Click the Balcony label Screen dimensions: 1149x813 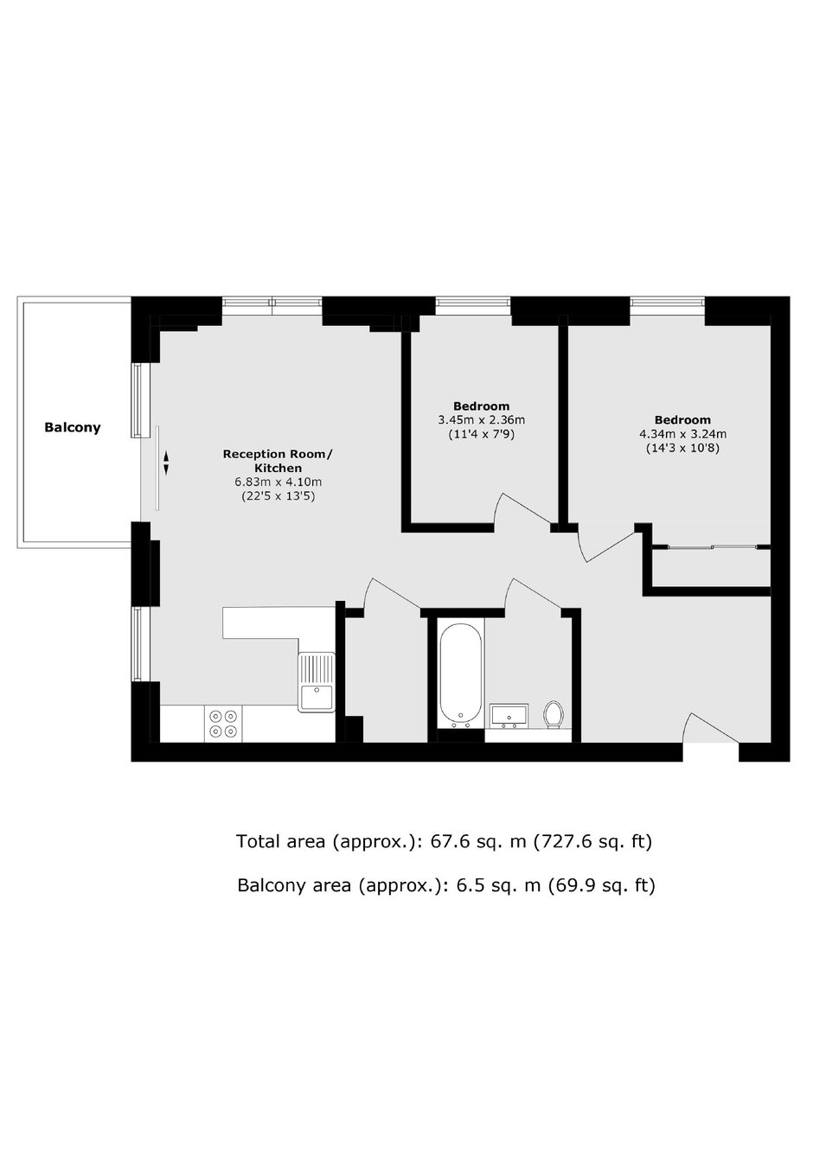[x=73, y=427]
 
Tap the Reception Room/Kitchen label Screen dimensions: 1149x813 [x=277, y=461]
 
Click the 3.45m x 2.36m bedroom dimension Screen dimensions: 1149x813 [x=482, y=420]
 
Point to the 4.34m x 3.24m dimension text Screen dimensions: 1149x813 [x=683, y=434]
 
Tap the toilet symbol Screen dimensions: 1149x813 [x=554, y=715]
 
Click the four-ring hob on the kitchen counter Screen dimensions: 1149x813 [x=224, y=724]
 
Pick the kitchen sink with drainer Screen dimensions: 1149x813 [x=317, y=682]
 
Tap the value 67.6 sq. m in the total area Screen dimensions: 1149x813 [x=477, y=841]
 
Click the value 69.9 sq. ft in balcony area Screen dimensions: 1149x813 [x=601, y=885]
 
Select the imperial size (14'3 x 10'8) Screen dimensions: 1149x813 [x=683, y=449]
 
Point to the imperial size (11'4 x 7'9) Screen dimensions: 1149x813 [x=482, y=435]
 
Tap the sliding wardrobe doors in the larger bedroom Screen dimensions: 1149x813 [x=711, y=546]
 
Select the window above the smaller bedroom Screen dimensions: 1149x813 [x=472, y=303]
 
